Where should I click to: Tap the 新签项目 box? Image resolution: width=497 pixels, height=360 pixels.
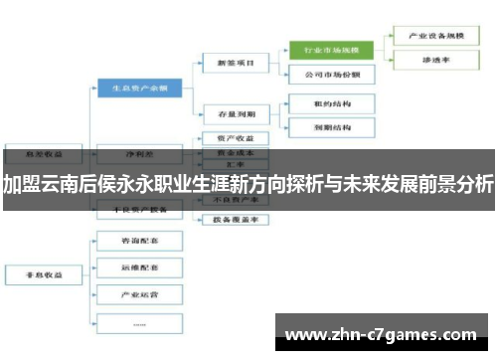click(234, 63)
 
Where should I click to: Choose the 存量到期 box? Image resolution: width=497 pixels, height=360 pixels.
click(234, 112)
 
